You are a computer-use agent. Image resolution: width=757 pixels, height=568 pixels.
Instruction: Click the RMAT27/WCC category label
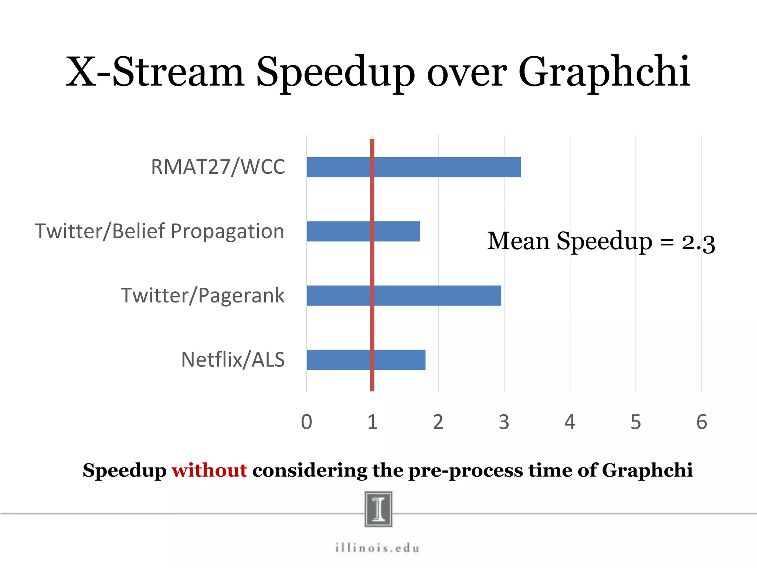coord(218,167)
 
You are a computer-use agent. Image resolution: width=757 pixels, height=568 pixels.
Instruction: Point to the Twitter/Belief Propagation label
coord(160,231)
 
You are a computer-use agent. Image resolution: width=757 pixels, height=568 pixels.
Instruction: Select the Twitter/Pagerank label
coord(203,295)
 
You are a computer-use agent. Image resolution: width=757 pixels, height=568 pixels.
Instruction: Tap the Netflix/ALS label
coord(233,360)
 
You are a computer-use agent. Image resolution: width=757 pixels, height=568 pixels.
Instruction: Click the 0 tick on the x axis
coord(306,422)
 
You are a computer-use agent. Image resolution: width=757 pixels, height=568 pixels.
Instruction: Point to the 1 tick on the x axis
coord(372,422)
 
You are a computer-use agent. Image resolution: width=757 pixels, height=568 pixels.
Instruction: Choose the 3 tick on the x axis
coord(504,422)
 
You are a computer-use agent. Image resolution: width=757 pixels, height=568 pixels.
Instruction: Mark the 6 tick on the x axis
coord(702,422)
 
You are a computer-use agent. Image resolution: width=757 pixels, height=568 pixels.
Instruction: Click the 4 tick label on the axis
coord(570,422)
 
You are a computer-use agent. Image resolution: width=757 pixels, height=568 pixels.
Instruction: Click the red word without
coord(209,470)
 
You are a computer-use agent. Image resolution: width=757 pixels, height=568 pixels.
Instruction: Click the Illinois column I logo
coord(378,509)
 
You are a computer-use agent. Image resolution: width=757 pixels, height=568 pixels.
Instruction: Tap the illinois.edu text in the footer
coord(378,548)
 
